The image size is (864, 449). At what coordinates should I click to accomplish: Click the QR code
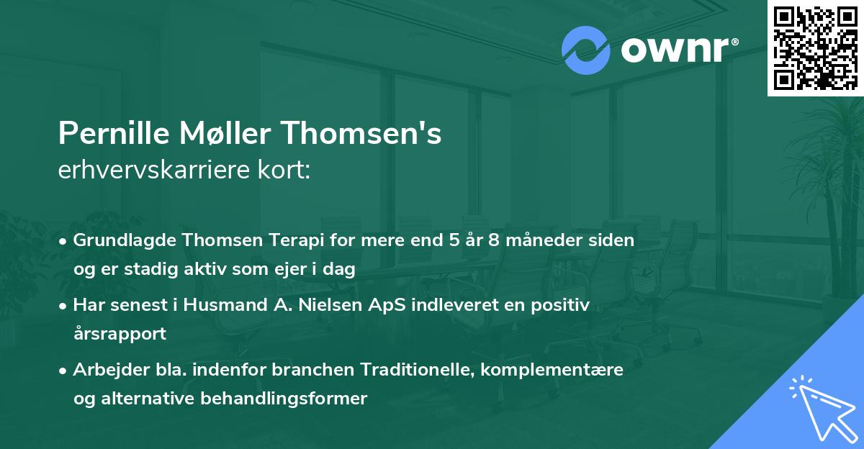pos(814,47)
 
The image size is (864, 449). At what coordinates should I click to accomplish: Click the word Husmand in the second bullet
pos(217,305)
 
